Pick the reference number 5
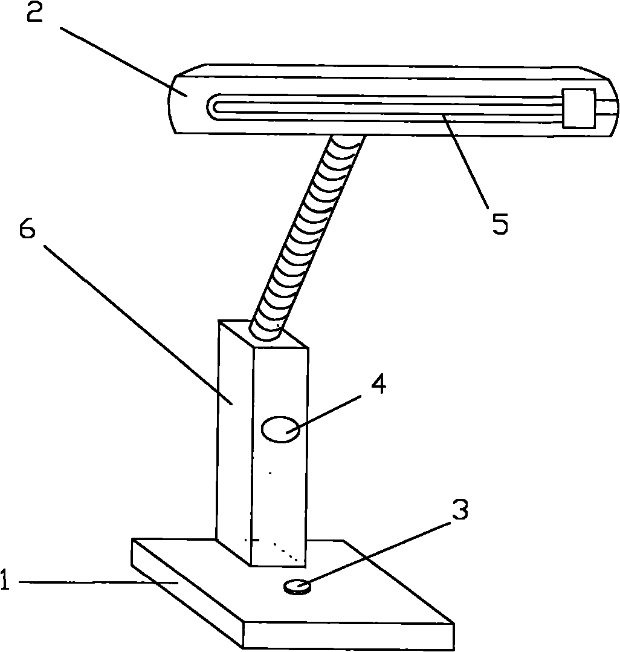click(500, 224)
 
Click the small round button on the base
click(296, 586)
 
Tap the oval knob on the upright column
click(280, 429)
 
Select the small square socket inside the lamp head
click(578, 108)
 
